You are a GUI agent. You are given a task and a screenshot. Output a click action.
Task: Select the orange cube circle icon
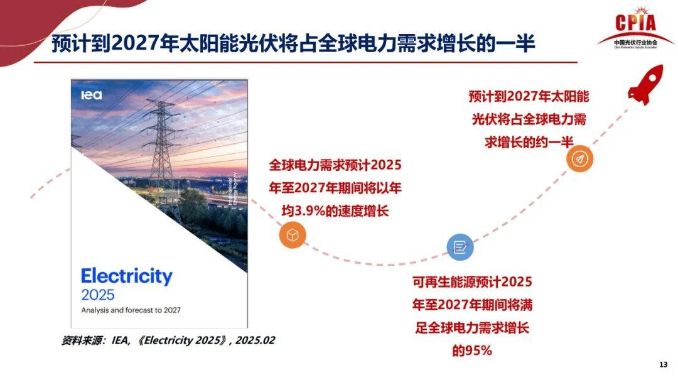coord(293,236)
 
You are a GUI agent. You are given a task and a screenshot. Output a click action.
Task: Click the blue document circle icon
coord(460,247)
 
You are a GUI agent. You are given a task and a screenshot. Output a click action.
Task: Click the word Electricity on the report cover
coord(126,276)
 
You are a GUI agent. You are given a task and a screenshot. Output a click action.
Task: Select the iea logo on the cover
coord(91,95)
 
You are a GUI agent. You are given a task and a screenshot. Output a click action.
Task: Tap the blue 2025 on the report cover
coord(98,295)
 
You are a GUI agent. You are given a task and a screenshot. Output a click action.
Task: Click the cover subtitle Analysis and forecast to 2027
coord(131,310)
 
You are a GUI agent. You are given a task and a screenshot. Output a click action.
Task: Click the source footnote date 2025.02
coord(256,341)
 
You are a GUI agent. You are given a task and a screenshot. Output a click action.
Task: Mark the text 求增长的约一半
coord(529,141)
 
